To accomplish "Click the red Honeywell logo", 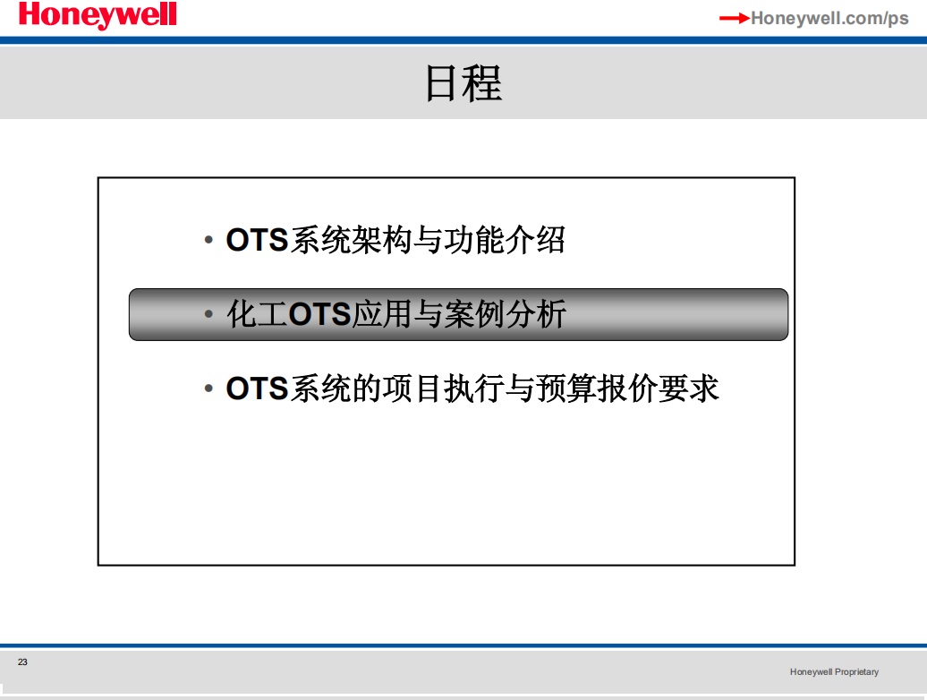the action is point(98,15).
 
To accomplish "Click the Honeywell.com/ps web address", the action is point(829,18).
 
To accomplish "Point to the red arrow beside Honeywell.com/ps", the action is point(735,18).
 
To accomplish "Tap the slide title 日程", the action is point(463,83).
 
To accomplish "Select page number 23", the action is point(22,662).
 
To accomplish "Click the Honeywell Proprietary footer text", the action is point(834,671).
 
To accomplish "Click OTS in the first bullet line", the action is point(257,240).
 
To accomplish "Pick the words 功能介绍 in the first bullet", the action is point(505,240).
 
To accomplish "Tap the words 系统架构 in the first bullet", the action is point(351,240).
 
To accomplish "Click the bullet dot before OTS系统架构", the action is point(208,240).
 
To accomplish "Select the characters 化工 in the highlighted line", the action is point(257,313).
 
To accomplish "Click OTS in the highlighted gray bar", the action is point(319,314).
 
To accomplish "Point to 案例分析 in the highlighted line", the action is point(506,313).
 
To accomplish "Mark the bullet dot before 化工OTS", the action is point(208,314).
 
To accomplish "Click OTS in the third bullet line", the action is point(257,388).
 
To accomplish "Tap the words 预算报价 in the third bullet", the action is point(597,388).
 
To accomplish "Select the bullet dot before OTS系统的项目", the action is point(208,388).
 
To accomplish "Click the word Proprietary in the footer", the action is point(856,672).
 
